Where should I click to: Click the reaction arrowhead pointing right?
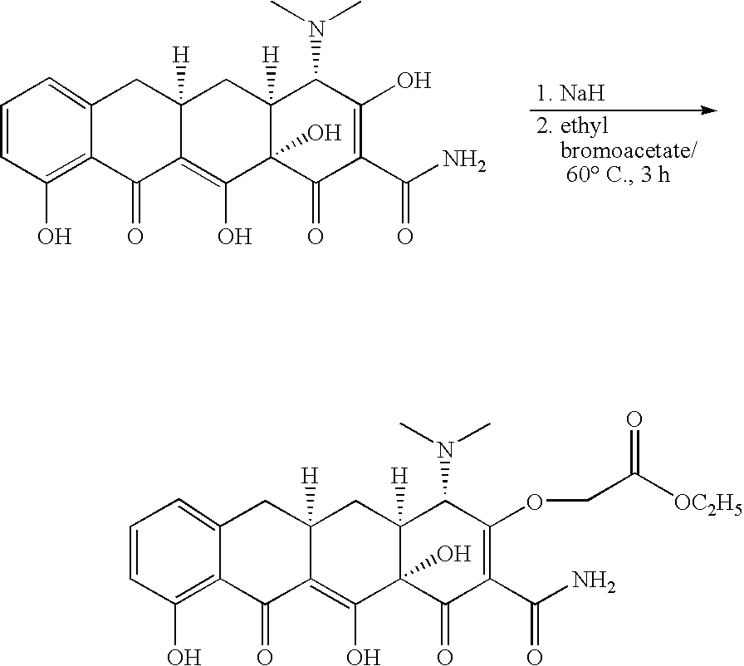[709, 110]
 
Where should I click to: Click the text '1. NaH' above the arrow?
[570, 94]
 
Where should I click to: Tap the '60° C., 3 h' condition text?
[619, 175]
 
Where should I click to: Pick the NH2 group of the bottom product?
[594, 582]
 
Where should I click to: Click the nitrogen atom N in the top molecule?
[316, 28]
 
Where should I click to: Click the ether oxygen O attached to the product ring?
[535, 502]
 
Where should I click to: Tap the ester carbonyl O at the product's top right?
[634, 420]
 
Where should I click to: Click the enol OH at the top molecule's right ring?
[414, 81]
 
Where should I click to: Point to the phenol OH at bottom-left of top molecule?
[55, 236]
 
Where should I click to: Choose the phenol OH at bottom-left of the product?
[184, 657]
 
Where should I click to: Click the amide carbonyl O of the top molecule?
[404, 236]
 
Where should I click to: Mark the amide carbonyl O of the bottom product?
[535, 657]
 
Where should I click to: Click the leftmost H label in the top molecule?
[181, 56]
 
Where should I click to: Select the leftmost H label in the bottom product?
[311, 477]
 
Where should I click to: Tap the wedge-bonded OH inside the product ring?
[453, 554]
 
